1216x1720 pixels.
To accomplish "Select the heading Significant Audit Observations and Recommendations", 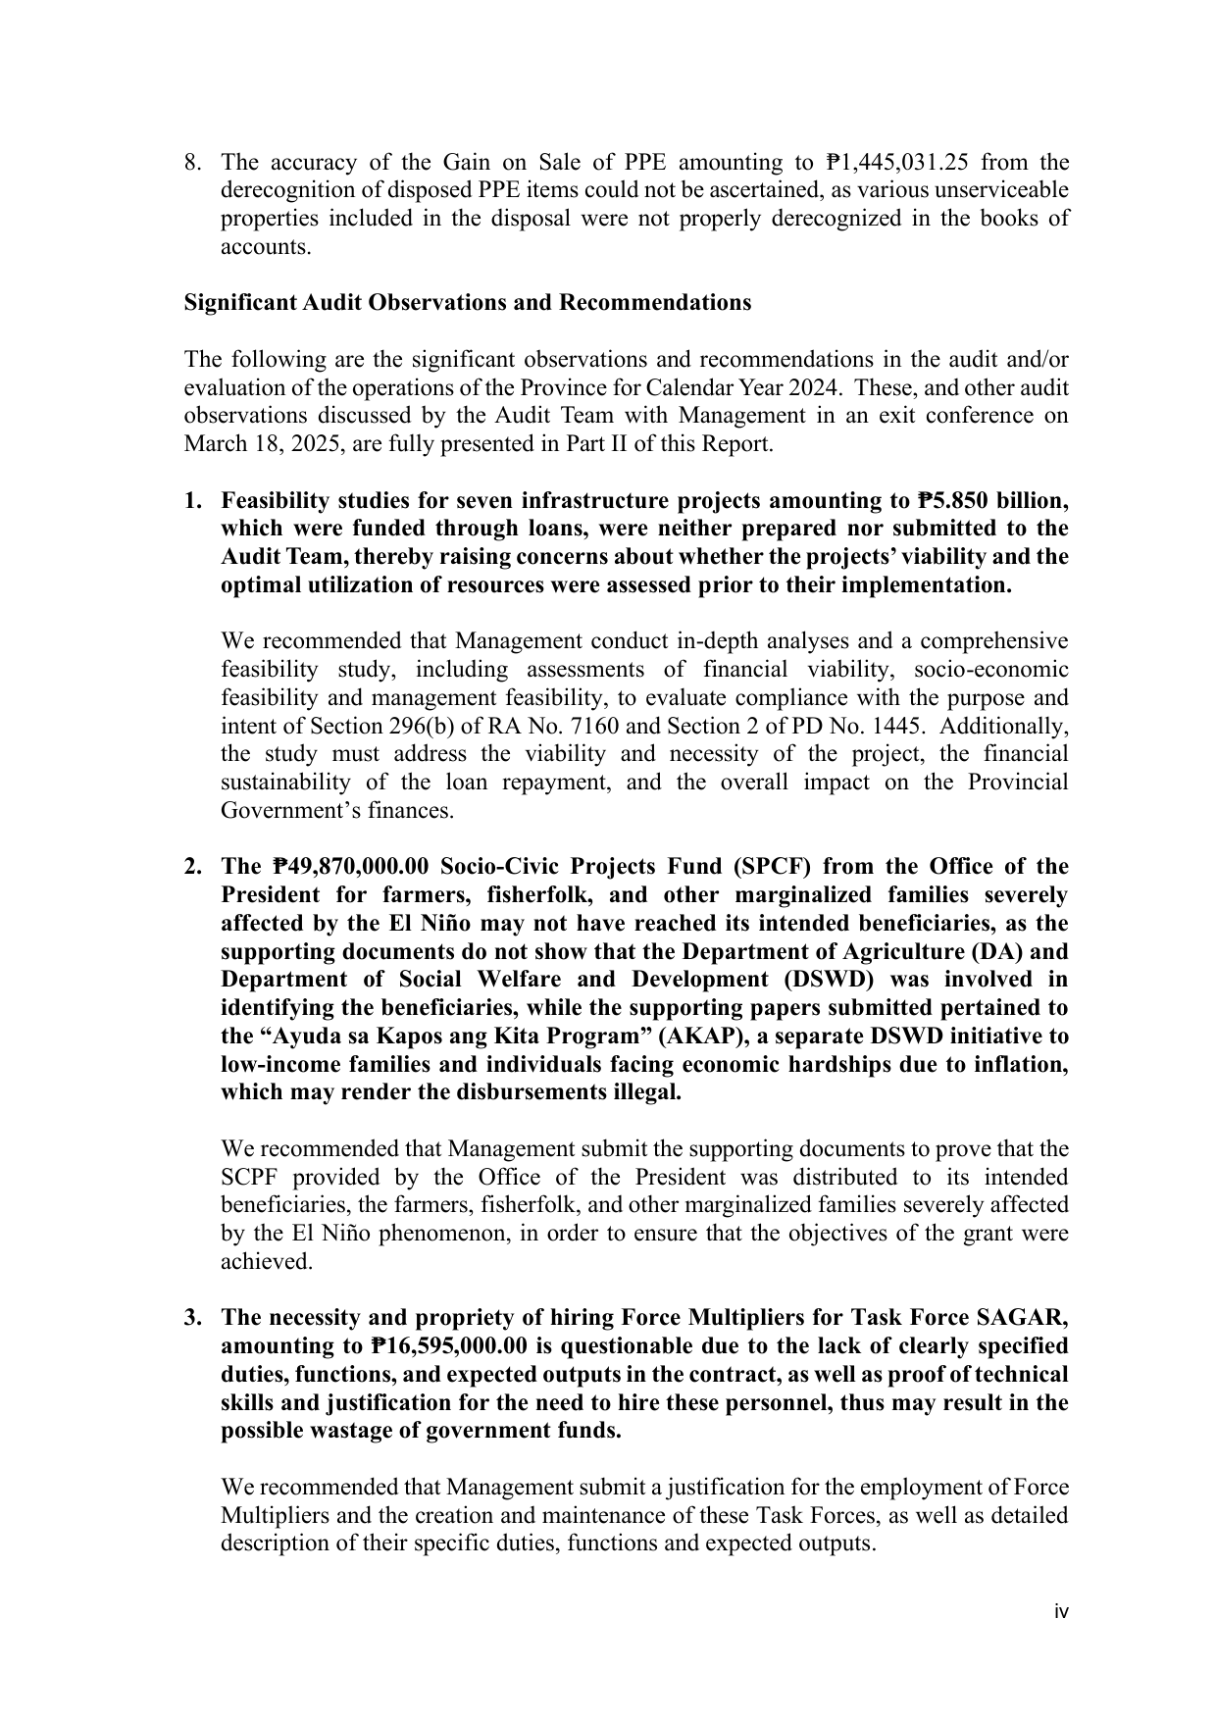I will [x=468, y=302].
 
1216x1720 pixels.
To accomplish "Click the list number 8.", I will [x=193, y=162].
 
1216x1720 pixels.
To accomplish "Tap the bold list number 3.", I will [x=193, y=1318].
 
